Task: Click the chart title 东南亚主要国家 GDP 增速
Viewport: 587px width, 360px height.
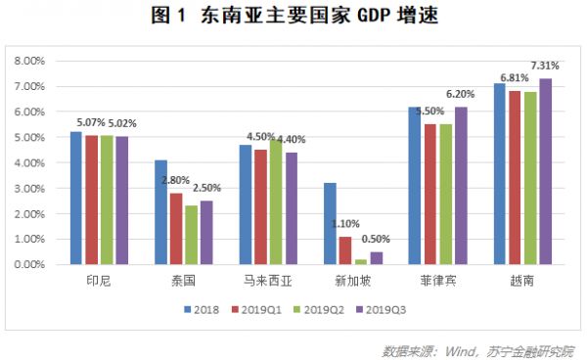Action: pyautogui.click(x=293, y=17)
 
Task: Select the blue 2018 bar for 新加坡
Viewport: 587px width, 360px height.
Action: pyautogui.click(x=330, y=223)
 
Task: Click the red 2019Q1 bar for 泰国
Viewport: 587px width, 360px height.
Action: pyautogui.click(x=176, y=228)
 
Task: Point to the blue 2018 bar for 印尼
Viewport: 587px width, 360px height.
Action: pyautogui.click(x=76, y=198)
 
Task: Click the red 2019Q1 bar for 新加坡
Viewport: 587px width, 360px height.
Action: pyautogui.click(x=344, y=250)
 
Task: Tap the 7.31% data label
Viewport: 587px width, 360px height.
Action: pyautogui.click(x=546, y=65)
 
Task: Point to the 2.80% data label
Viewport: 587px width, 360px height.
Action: pyautogui.click(x=176, y=181)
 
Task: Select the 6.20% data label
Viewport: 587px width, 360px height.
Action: pyautogui.click(x=462, y=93)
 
